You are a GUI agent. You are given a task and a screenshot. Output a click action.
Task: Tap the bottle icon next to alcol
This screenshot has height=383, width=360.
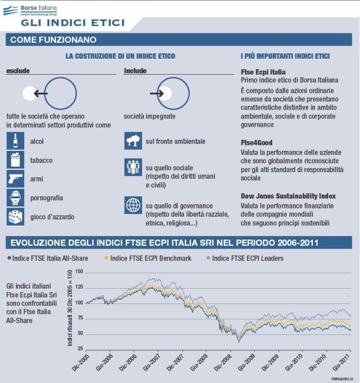tap(15, 141)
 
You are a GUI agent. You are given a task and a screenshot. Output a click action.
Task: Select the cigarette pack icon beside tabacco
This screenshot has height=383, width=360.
tap(15, 160)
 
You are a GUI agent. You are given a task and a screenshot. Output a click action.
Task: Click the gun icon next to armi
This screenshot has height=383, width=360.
tap(15, 178)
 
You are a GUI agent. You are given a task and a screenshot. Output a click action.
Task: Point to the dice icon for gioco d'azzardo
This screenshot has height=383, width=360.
tap(15, 216)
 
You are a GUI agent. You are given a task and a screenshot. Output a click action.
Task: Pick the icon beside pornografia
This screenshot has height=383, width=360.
tap(15, 197)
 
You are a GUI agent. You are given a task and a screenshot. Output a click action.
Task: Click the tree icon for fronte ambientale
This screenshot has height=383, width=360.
tap(133, 141)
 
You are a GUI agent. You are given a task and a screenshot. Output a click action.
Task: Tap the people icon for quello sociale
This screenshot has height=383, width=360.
tap(133, 167)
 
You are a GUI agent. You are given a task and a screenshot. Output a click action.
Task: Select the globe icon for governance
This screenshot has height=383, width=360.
tap(133, 205)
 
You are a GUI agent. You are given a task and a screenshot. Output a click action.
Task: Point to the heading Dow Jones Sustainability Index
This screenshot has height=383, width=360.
tap(288, 196)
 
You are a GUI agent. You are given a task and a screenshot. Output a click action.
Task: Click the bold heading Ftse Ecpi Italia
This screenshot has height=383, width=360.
tap(263, 72)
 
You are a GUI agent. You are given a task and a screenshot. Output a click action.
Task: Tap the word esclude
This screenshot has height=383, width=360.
tap(18, 71)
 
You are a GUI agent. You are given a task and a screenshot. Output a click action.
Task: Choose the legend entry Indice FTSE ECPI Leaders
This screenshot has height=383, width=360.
tap(244, 258)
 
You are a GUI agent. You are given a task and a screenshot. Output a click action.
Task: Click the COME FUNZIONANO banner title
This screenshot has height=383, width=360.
tap(53, 40)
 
